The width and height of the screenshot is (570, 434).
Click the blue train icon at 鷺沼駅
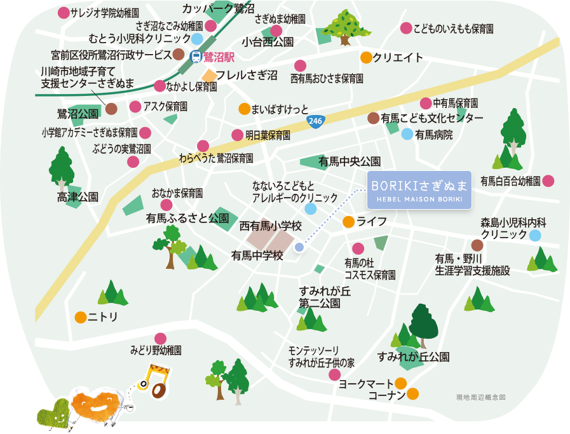pyautogui.click(x=196, y=57)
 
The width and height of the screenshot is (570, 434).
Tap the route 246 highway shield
pyautogui.click(x=315, y=121)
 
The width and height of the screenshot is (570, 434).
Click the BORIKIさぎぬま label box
pyautogui.click(x=419, y=189)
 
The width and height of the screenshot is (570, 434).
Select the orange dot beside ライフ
pyautogui.click(x=348, y=222)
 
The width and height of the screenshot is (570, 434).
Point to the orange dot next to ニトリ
pyautogui.click(x=80, y=316)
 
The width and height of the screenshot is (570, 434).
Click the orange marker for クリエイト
pyautogui.click(x=366, y=58)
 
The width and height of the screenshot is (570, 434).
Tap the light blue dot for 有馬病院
pyautogui.click(x=407, y=134)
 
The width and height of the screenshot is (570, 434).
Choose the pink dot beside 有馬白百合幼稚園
pyautogui.click(x=548, y=181)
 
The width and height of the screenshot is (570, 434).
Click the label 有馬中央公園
pyautogui.click(x=349, y=161)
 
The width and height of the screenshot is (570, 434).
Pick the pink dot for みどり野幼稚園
pyautogui.click(x=160, y=338)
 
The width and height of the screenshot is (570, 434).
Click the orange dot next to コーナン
pyautogui.click(x=412, y=394)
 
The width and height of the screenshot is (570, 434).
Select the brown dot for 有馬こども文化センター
pyautogui.click(x=374, y=118)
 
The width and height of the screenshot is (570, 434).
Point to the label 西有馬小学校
pyautogui.click(x=270, y=226)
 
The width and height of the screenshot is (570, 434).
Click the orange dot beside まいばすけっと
pyautogui.click(x=244, y=109)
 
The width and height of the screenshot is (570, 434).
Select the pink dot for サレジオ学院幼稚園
pyautogui.click(x=64, y=13)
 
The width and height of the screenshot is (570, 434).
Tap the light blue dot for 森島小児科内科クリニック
pyautogui.click(x=535, y=235)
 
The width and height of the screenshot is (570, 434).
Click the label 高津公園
pyautogui.click(x=78, y=197)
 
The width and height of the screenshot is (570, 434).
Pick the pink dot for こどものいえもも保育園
pyautogui.click(x=406, y=29)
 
